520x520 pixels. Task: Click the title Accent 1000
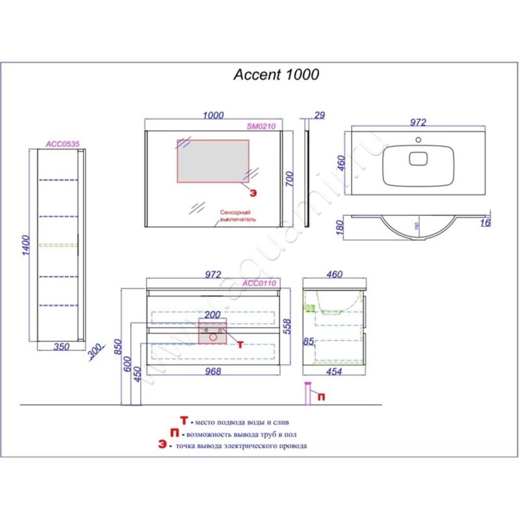[x=276, y=75]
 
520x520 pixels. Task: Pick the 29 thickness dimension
[x=318, y=116]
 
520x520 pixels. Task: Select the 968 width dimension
[x=213, y=371]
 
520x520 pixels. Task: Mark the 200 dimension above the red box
[x=213, y=315]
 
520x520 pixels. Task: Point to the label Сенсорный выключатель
[x=238, y=216]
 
